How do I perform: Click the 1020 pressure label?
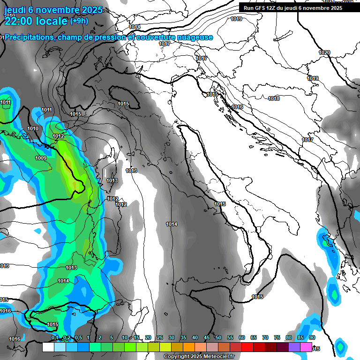(x=324, y=52)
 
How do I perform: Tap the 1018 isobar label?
(x=274, y=98)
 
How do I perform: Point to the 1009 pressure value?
(x=41, y=158)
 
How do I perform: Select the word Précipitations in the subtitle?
(x=28, y=37)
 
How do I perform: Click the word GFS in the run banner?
(x=261, y=8)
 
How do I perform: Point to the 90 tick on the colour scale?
(x=312, y=337)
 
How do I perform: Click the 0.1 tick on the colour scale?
(x=54, y=337)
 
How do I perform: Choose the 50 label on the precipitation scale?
(x=218, y=337)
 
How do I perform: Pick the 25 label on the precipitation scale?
(x=160, y=337)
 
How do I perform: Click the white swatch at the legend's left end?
(x=48, y=347)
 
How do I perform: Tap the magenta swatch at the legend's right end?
(x=306, y=347)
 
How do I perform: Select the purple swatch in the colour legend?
(x=294, y=347)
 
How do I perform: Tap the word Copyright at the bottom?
(x=176, y=357)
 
